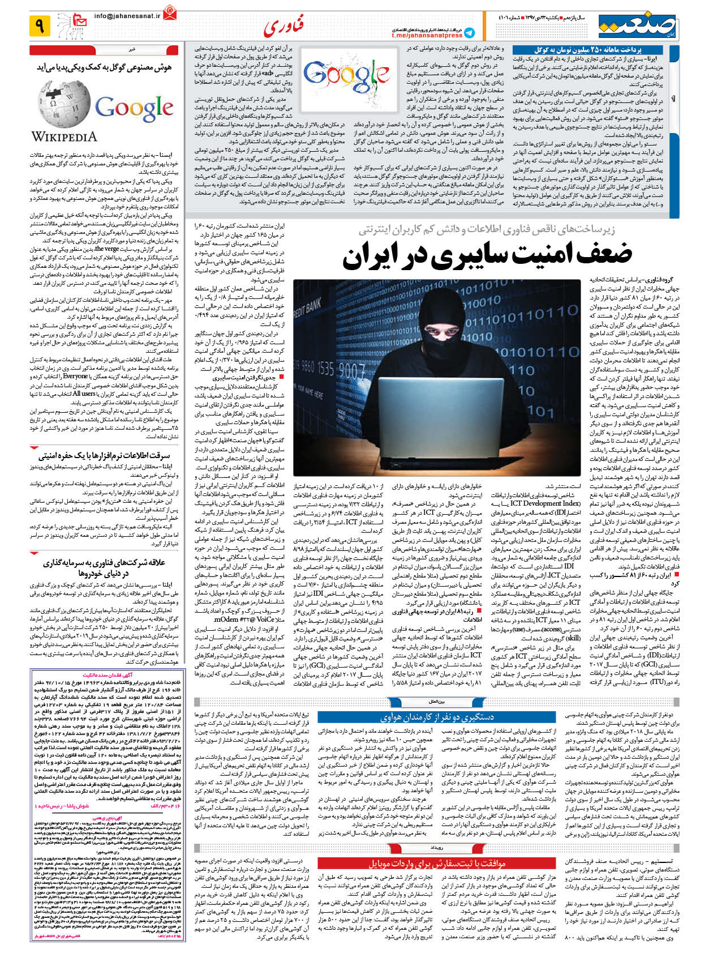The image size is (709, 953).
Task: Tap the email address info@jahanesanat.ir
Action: (x=127, y=16)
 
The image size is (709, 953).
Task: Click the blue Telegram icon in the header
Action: (x=469, y=32)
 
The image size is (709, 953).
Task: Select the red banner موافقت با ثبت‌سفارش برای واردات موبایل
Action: (x=437, y=863)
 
